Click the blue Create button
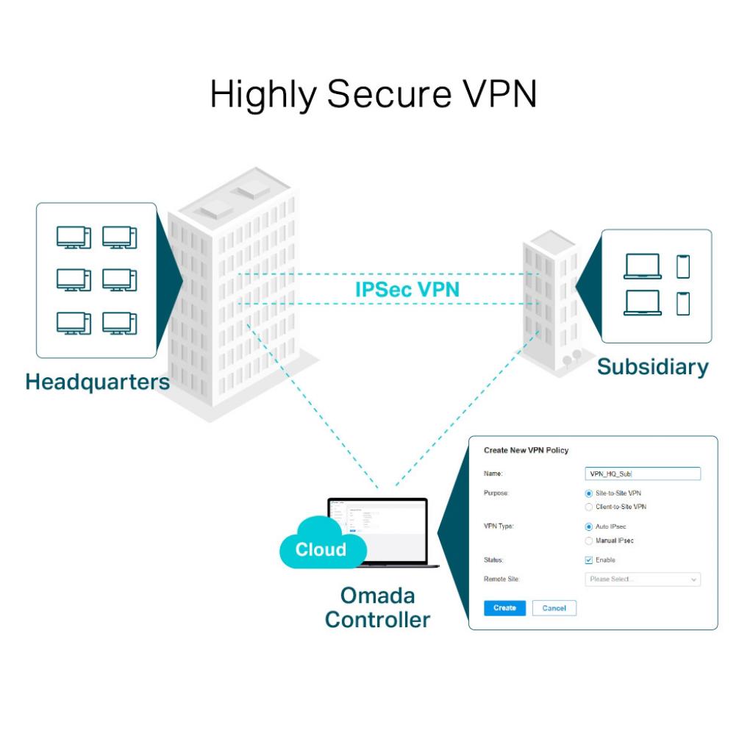(x=504, y=608)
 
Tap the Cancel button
(x=554, y=608)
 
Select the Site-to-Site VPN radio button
(x=589, y=493)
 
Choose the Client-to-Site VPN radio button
(x=589, y=507)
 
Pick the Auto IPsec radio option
(x=589, y=527)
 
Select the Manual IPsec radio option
(x=589, y=540)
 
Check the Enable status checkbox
(x=589, y=560)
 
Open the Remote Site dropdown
(x=643, y=579)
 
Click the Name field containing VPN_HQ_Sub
(x=643, y=474)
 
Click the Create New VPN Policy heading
(x=526, y=450)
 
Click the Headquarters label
(x=97, y=382)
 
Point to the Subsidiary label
(x=652, y=366)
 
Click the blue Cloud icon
(x=321, y=546)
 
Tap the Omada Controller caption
(x=377, y=607)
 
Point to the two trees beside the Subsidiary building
(x=572, y=358)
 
